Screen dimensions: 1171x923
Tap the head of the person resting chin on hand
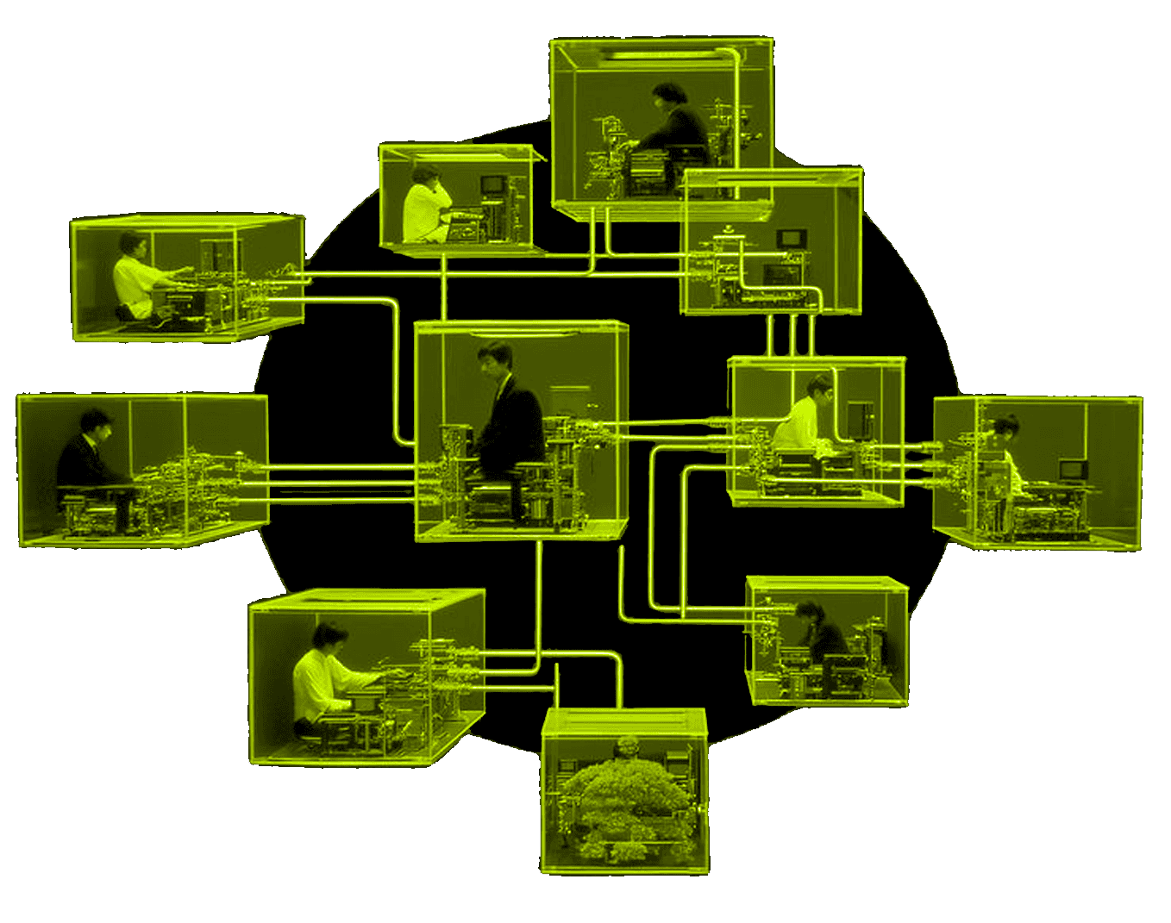pyautogui.click(x=425, y=173)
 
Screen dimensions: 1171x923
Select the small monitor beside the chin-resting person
pyautogui.click(x=492, y=184)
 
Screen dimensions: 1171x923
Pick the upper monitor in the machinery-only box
pyautogui.click(x=791, y=238)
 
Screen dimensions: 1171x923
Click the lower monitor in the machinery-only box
pyautogui.click(x=782, y=274)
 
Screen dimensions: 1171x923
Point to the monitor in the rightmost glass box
pyautogui.click(x=1074, y=470)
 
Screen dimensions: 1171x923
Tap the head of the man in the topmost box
pyautogui.click(x=667, y=94)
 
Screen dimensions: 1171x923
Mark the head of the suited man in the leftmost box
pyautogui.click(x=95, y=423)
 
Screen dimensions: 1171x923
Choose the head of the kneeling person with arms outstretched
pyautogui.click(x=131, y=245)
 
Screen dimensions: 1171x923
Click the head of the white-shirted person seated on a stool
pyautogui.click(x=329, y=638)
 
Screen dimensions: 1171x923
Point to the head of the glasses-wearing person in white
pyautogui.click(x=819, y=387)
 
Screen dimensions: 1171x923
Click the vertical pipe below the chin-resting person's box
pyautogui.click(x=443, y=289)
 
